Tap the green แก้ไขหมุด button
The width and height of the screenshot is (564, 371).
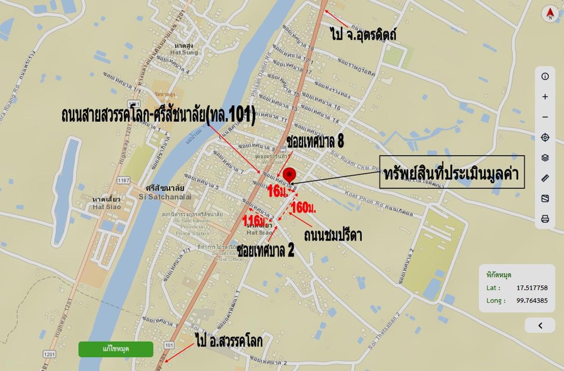116,349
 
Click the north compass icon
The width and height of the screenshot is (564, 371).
550,14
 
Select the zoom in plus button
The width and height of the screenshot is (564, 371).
545,97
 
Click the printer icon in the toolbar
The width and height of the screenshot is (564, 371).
545,219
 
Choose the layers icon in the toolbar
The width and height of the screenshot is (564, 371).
545,157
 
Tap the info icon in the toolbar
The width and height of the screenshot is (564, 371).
545,76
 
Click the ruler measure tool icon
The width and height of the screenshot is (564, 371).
545,178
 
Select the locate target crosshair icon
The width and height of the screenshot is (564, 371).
545,137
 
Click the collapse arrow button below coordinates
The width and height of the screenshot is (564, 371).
540,326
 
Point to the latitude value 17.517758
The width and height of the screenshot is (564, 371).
532,288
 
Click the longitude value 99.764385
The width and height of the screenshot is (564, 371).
532,301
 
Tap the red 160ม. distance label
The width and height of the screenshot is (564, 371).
304,208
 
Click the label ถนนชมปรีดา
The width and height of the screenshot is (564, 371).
333,235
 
